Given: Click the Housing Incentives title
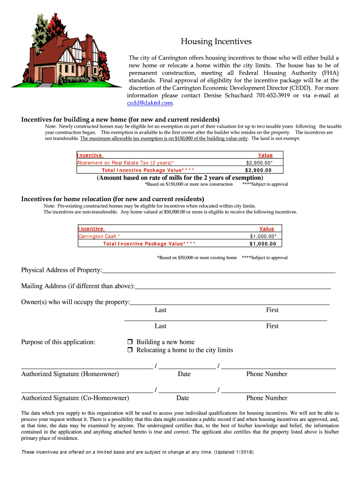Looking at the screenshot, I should coord(216,42).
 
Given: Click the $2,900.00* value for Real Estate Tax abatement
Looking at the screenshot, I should coord(259,163).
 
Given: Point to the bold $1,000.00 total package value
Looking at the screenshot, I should coord(263,244).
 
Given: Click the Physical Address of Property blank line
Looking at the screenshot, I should coord(218,270).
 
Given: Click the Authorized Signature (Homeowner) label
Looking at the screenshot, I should coord(70,374).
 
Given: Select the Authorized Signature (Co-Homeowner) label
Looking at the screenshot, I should coord(75,398).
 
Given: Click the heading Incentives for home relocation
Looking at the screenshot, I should coord(113,199).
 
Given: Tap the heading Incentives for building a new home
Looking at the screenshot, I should coord(120,119).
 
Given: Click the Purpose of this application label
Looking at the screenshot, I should coord(58,342).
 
